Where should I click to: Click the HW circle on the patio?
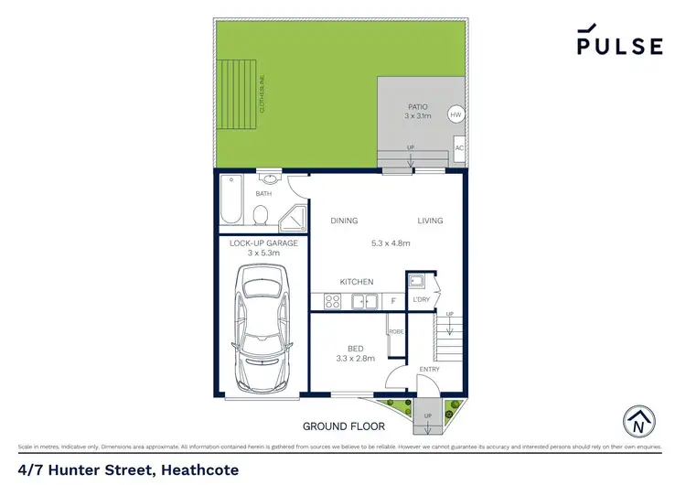point(456,115)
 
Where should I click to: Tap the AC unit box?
point(459,148)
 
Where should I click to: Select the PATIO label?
point(416,107)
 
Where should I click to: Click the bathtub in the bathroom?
point(230,201)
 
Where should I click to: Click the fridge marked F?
point(392,300)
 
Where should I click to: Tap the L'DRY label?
point(422,300)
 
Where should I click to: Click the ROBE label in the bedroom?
point(396,331)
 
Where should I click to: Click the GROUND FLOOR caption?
point(344,426)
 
